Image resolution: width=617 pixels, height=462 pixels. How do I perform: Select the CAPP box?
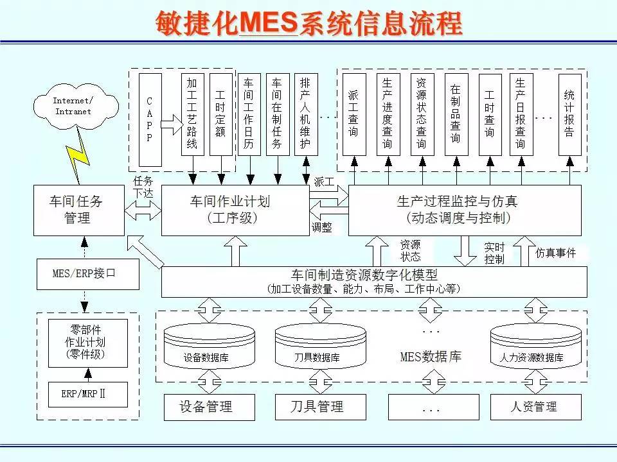[150, 120]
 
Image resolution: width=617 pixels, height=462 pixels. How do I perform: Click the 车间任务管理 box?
[78, 210]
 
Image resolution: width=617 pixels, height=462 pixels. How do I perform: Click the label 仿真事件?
[556, 253]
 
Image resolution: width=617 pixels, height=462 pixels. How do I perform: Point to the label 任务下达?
[143, 185]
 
